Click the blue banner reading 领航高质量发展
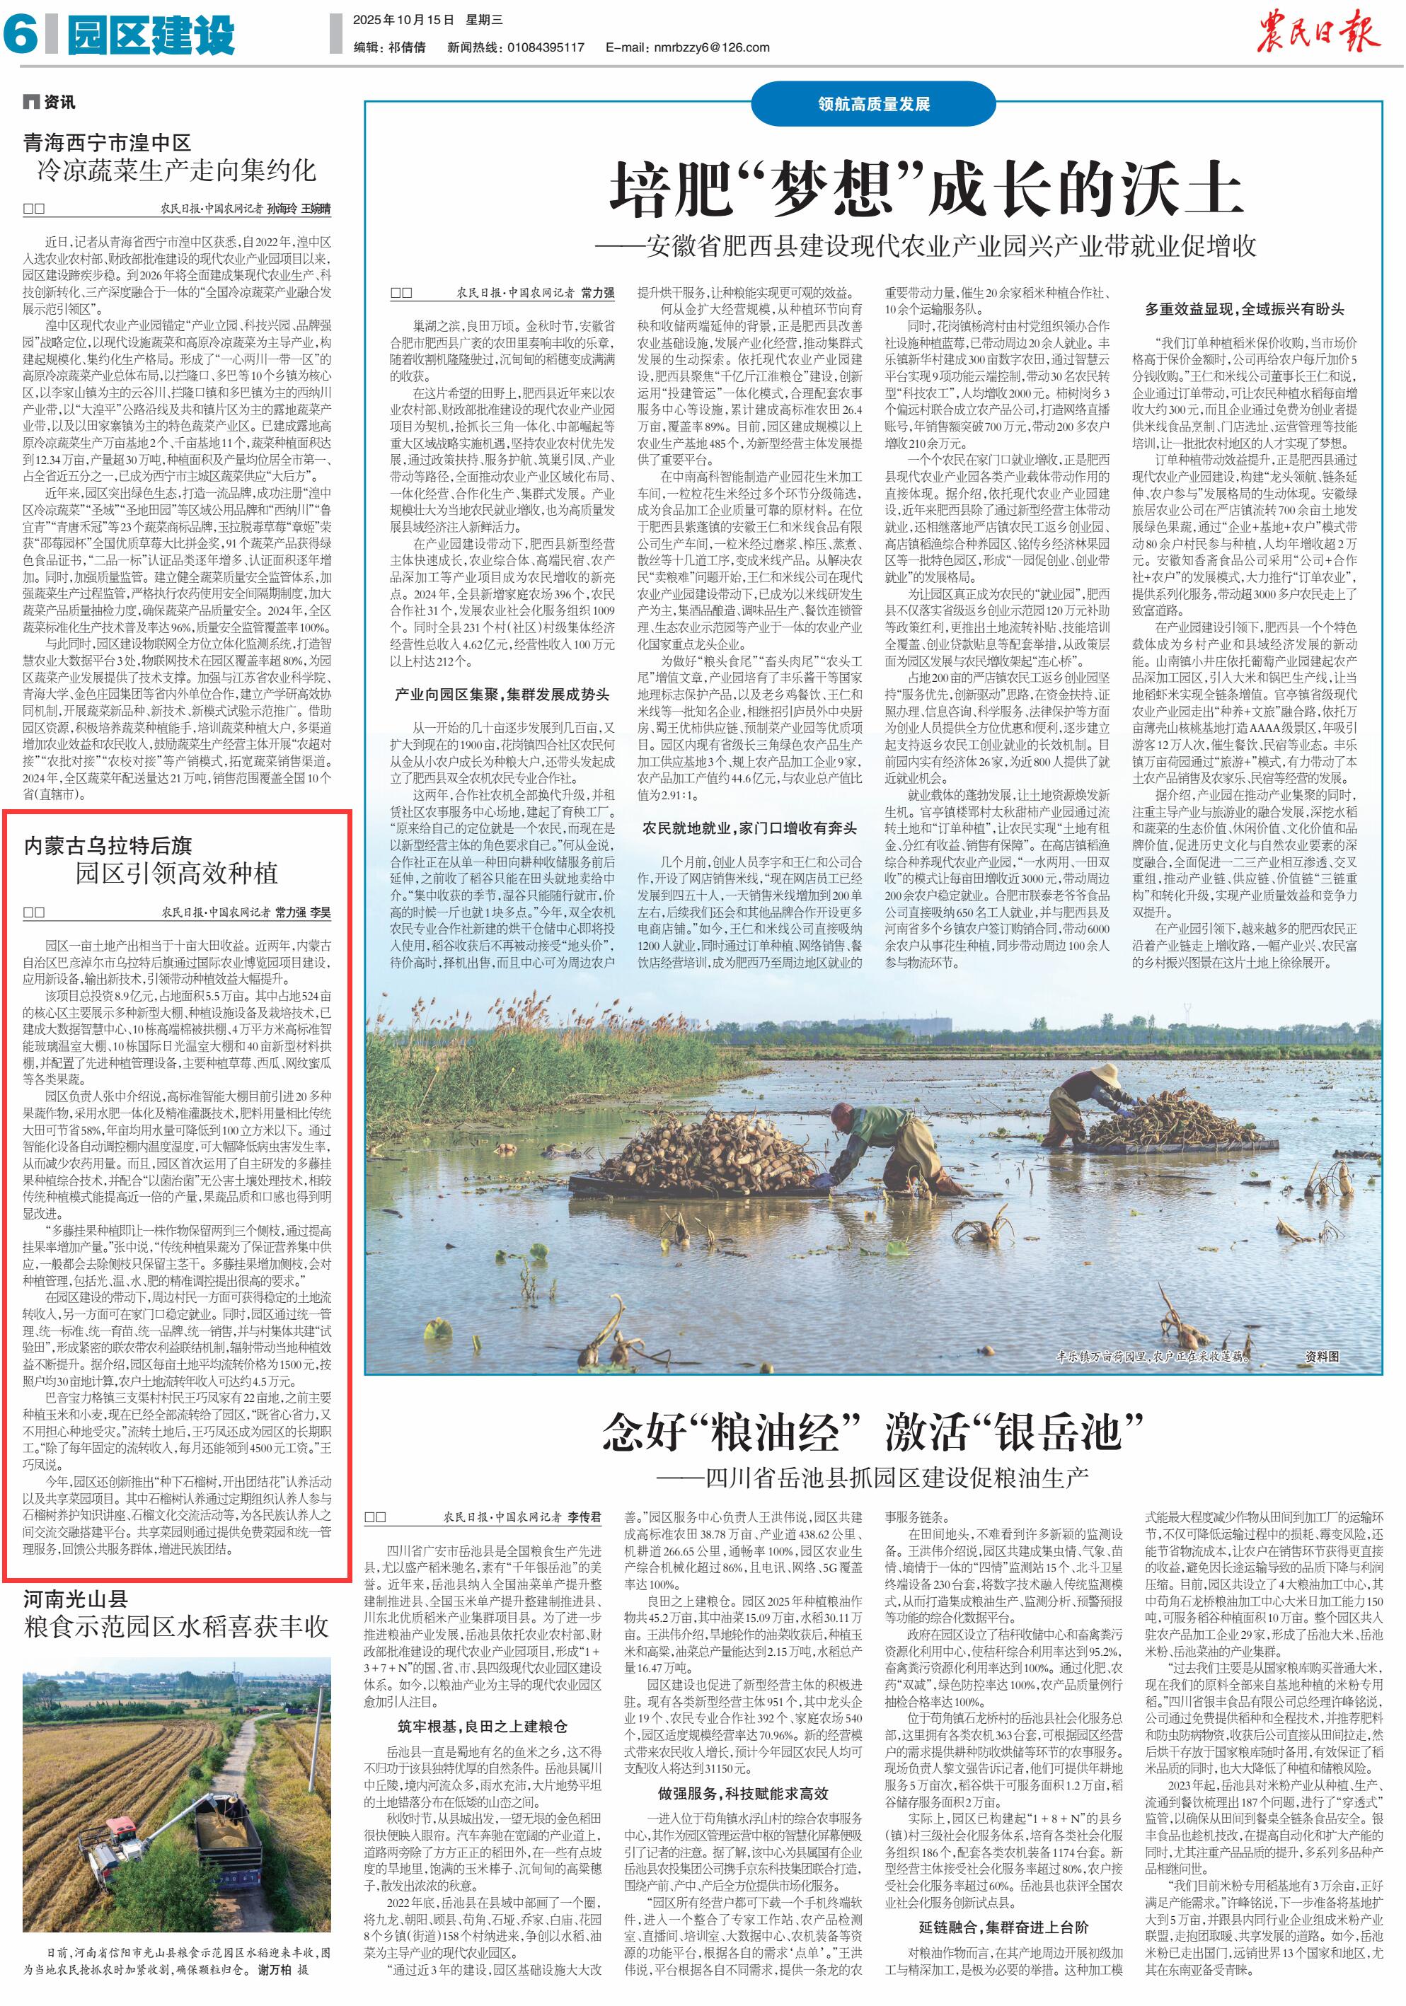[873, 104]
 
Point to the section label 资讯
[59, 103]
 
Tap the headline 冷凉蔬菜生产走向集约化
[175, 170]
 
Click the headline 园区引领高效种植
[175, 873]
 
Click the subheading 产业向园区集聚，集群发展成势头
[502, 694]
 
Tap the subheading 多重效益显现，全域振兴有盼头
[1245, 308]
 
